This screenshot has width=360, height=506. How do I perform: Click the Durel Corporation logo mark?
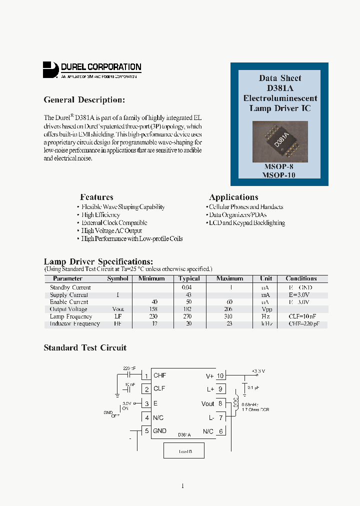50,69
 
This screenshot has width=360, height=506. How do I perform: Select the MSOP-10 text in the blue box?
279,175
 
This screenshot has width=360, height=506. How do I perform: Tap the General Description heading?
84,100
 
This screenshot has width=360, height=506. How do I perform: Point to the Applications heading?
233,197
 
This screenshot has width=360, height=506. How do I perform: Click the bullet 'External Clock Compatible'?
114,223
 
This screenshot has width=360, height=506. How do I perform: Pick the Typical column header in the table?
189,278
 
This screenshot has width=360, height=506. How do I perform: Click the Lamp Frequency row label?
71,316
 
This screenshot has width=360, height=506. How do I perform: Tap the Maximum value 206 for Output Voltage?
229,309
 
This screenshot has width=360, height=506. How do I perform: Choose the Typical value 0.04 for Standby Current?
185,287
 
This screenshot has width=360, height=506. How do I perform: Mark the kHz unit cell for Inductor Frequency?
265,323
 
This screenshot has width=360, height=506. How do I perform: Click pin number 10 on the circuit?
220,376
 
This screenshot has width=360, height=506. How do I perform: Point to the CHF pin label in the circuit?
159,375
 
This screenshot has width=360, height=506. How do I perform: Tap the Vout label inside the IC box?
207,404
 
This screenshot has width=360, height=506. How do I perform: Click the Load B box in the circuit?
184,451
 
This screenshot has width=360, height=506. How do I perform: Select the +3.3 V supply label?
258,371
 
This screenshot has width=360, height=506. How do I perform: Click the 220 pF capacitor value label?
129,368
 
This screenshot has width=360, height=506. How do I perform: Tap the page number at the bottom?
182,486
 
